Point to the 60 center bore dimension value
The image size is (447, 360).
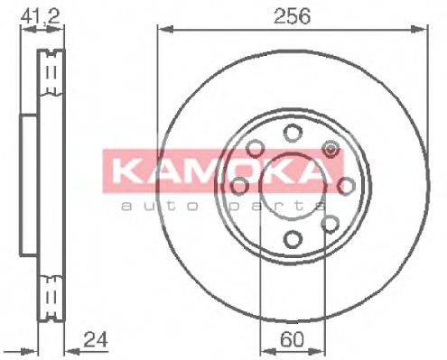tap(292, 340)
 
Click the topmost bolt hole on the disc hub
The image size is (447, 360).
tap(292, 133)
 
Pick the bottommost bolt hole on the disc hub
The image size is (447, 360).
tap(292, 238)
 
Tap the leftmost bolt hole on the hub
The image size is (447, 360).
tap(239, 186)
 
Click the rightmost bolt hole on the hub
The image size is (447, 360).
tap(345, 186)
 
